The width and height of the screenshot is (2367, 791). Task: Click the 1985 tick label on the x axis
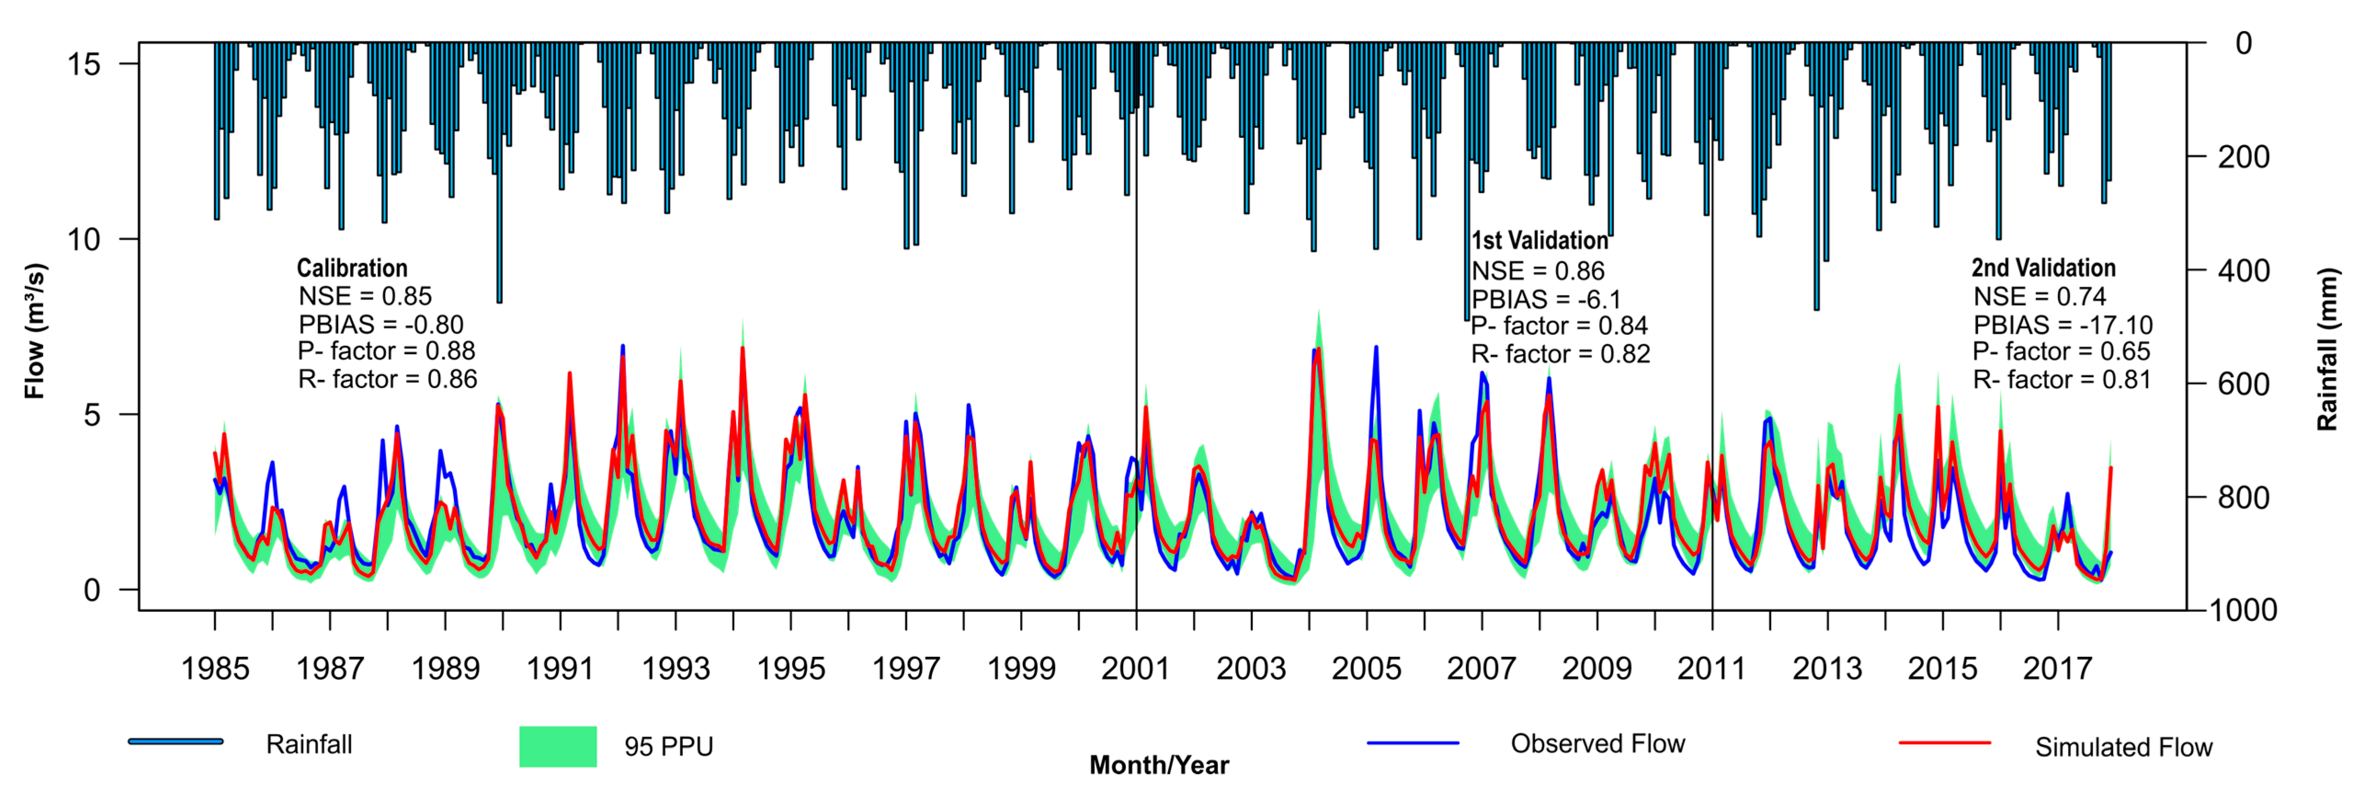(x=215, y=668)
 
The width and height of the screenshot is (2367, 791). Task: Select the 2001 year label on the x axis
(x=1136, y=668)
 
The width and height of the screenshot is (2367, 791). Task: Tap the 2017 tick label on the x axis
(x=2057, y=668)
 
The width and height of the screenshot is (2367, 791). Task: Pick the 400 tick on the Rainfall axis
(x=2243, y=271)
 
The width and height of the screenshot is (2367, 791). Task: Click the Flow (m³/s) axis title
(x=35, y=331)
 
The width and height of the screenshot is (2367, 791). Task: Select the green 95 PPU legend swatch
(x=558, y=746)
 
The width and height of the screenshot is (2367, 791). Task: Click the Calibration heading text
(x=352, y=268)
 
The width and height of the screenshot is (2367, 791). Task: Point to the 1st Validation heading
(x=1540, y=241)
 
